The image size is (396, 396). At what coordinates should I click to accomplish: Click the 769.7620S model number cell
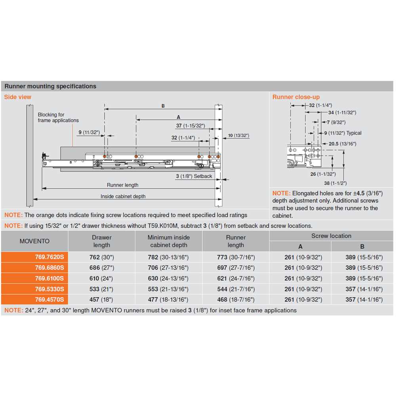tap(49, 257)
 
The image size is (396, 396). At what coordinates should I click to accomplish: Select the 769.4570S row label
tap(49, 300)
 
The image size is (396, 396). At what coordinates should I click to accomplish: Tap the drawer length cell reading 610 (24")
tap(101, 278)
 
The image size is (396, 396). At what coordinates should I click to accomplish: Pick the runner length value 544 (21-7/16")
tap(236, 289)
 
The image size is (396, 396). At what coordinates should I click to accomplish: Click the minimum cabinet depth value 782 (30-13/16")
tap(169, 257)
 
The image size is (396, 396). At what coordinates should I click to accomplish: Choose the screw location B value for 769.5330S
tap(362, 289)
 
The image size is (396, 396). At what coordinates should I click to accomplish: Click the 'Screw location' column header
tap(331, 236)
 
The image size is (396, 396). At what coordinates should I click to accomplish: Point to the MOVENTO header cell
tap(34, 241)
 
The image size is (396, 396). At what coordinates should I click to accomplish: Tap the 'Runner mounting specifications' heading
tap(50, 86)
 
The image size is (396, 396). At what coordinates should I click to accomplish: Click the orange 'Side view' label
tap(17, 97)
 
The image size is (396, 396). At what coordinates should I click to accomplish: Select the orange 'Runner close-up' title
tap(296, 97)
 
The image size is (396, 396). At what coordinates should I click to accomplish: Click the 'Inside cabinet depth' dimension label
tap(123, 196)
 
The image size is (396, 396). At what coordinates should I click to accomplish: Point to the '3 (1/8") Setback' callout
tap(194, 176)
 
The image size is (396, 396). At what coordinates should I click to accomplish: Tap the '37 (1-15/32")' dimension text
tap(190, 126)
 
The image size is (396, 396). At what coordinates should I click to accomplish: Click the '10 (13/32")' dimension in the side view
tap(238, 135)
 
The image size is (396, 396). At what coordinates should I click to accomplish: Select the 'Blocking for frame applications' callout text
tap(58, 118)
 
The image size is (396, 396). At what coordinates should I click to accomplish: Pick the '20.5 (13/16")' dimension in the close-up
tap(343, 144)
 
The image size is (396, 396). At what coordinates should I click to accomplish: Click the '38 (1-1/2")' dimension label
tap(335, 183)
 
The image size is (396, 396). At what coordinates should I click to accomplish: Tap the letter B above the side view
tap(163, 106)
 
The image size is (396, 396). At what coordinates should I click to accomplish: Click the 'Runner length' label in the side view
tap(122, 185)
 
